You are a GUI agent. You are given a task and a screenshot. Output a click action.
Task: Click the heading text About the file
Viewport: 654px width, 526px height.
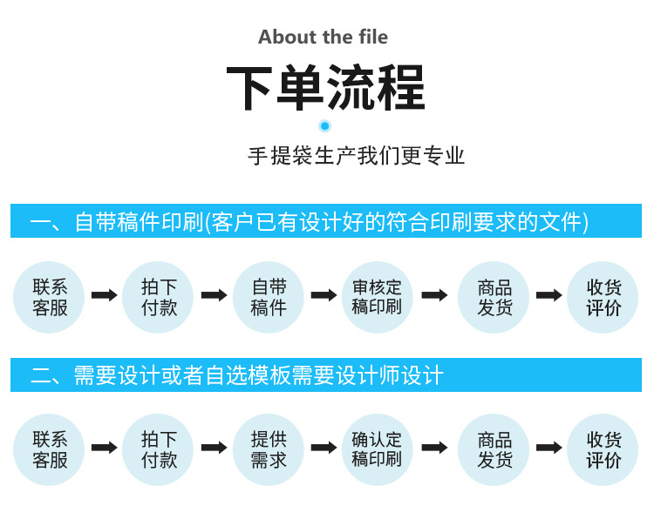pos(324,37)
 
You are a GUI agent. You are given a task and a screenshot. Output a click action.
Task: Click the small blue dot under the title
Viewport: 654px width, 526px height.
pos(325,126)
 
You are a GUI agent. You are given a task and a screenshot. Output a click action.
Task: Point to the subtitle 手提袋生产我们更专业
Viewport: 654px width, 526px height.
pos(357,156)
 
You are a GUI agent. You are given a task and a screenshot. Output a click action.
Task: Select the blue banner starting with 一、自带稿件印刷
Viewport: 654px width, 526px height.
pos(326,221)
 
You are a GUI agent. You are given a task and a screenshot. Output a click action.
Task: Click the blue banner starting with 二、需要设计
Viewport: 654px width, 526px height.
pos(326,375)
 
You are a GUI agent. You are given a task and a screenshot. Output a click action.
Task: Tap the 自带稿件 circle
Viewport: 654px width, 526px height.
pos(269,296)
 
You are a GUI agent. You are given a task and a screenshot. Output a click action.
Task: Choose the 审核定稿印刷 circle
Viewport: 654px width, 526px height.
pos(377,296)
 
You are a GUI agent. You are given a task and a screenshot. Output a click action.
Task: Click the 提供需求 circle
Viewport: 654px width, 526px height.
pos(269,449)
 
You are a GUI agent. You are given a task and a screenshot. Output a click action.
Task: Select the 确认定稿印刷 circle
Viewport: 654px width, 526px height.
pos(377,449)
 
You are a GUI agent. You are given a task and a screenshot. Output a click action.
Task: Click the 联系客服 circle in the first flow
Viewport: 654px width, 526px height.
pos(50,296)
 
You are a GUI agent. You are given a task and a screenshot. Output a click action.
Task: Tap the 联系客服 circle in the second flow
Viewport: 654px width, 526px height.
pos(50,449)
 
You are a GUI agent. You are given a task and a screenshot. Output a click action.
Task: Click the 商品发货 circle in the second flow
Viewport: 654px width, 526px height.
pos(494,449)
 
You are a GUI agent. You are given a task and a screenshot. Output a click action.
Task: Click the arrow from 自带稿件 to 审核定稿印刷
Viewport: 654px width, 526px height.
pos(324,295)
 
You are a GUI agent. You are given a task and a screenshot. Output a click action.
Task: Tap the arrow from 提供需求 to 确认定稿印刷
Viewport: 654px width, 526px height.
pos(324,448)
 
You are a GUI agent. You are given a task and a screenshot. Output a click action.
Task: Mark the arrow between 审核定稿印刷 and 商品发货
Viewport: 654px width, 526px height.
pos(434,295)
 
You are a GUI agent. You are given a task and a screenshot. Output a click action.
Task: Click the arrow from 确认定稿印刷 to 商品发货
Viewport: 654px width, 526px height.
pos(434,448)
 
